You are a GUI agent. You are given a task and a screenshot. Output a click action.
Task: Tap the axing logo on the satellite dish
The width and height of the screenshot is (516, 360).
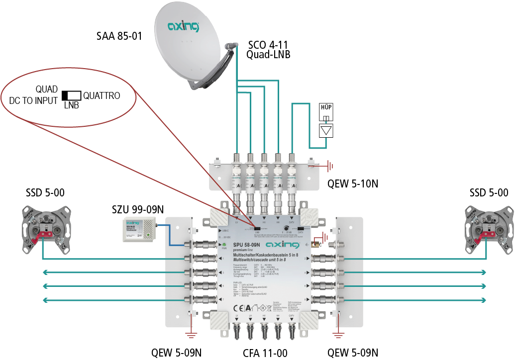pyautogui.click(x=183, y=25)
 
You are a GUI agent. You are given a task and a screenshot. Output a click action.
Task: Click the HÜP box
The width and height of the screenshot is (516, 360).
pyautogui.click(x=326, y=110)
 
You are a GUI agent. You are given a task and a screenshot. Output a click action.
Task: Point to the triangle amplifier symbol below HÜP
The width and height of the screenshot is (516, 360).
pyautogui.click(x=326, y=130)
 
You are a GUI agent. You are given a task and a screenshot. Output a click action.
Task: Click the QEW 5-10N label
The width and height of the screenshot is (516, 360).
pyautogui.click(x=353, y=184)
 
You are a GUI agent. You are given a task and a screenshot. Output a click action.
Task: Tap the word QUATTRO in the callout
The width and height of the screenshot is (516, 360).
pyautogui.click(x=102, y=95)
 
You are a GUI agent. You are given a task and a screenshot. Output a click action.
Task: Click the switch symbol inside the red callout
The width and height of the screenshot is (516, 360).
pyautogui.click(x=71, y=95)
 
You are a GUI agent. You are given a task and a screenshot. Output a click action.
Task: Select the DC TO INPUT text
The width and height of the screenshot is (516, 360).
pyautogui.click(x=33, y=100)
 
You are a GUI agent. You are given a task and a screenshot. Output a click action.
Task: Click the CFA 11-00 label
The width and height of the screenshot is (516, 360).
pyautogui.click(x=265, y=353)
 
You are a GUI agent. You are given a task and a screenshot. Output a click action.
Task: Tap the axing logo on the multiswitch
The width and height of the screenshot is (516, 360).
pyautogui.click(x=282, y=245)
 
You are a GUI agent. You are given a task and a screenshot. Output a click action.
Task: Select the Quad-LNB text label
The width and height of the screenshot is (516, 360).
pyautogui.click(x=268, y=55)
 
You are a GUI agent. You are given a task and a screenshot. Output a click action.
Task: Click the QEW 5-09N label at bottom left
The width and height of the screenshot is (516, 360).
pyautogui.click(x=176, y=353)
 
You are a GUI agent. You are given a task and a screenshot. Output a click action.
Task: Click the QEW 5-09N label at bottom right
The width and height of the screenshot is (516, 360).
pyautogui.click(x=352, y=353)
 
